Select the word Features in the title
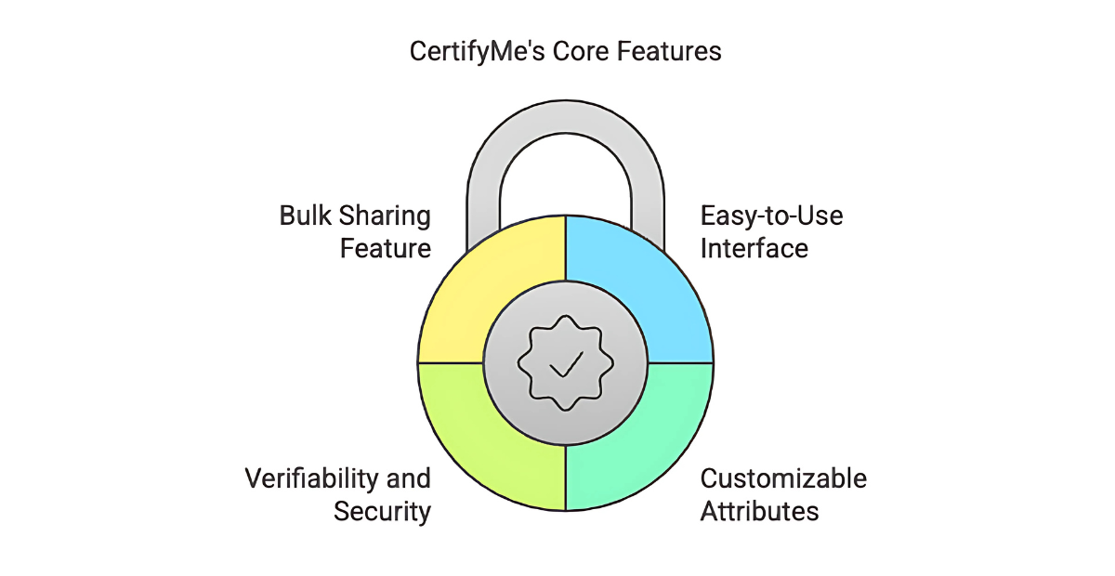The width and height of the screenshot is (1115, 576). point(671,51)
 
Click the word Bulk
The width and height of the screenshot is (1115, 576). point(305,216)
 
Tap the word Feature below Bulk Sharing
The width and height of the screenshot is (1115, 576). point(385,249)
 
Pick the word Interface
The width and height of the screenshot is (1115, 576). point(754,249)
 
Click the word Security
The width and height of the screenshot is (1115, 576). point(382,512)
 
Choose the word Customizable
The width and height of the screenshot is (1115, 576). point(783,479)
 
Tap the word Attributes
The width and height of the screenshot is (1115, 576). point(759,511)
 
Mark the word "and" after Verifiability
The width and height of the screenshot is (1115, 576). point(410,479)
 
